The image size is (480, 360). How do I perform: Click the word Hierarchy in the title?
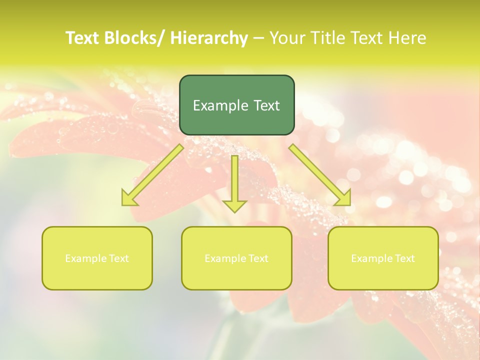[209, 38]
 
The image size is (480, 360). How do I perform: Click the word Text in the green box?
[266, 105]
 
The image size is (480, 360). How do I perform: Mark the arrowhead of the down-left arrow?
[128, 198]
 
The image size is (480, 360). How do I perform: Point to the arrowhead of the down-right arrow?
[343, 198]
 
